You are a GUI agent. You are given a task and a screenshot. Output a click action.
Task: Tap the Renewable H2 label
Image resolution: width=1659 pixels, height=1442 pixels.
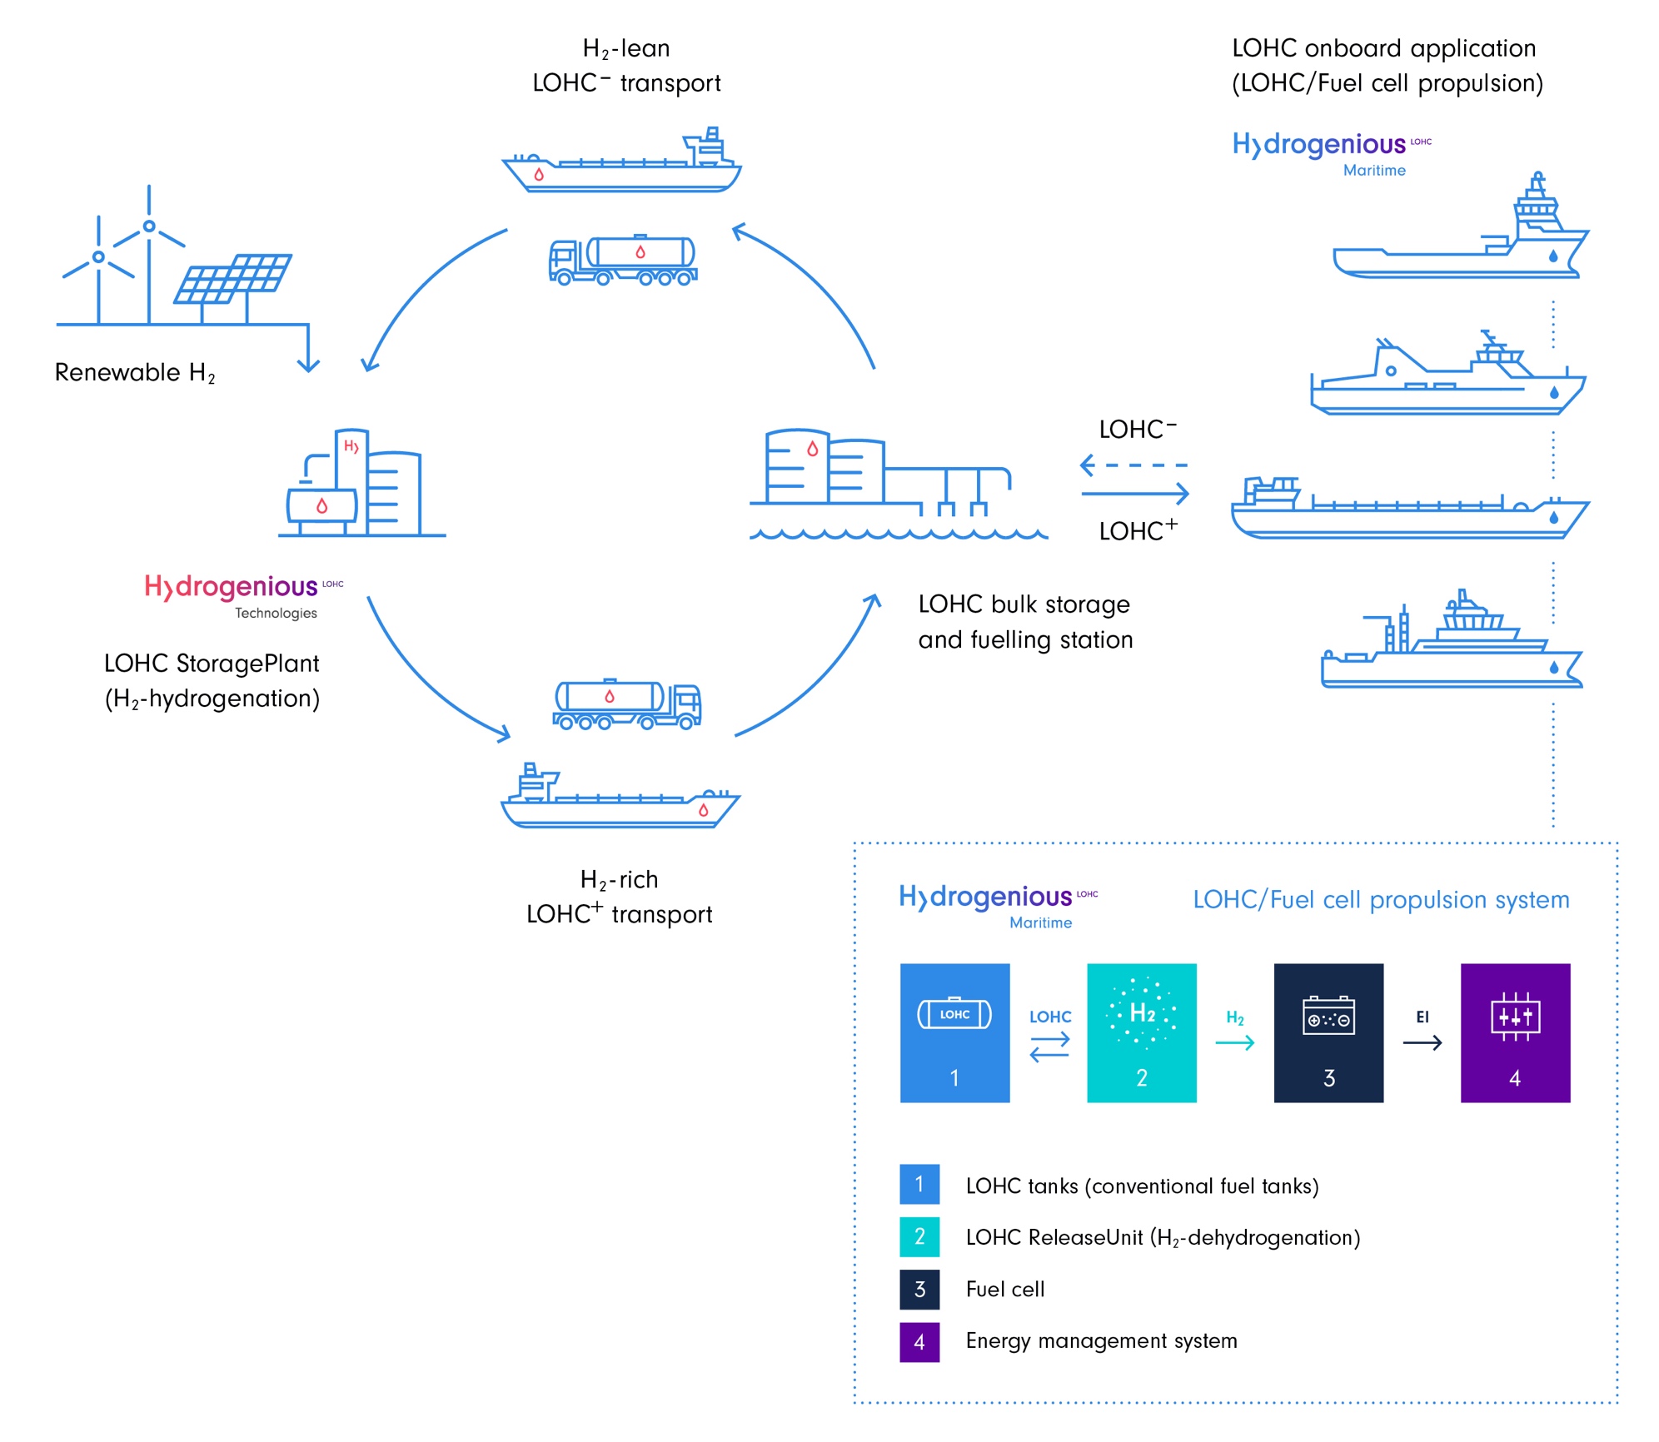tap(135, 372)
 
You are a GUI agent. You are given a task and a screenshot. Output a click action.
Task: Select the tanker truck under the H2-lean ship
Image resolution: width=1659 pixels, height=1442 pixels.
tap(623, 260)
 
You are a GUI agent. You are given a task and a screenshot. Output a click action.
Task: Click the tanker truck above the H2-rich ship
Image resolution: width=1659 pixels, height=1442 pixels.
tap(627, 704)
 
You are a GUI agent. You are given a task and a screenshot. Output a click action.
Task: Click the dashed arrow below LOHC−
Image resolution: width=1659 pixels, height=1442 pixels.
tap(1133, 465)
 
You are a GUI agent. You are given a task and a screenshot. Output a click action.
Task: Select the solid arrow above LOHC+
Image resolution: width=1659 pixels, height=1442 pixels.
tap(1134, 494)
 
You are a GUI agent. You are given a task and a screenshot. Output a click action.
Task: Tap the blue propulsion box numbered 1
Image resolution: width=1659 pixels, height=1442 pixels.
tap(954, 1032)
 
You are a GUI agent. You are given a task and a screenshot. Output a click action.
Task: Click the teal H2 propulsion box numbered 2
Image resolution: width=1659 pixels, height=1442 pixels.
tap(1141, 1032)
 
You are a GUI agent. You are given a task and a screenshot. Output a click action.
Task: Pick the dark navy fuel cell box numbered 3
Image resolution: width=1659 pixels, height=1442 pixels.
tap(1328, 1032)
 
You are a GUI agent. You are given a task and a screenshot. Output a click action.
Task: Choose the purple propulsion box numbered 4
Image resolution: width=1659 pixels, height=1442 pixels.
tap(1514, 1032)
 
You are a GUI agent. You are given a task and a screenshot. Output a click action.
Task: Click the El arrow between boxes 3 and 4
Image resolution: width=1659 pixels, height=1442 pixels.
tap(1422, 1042)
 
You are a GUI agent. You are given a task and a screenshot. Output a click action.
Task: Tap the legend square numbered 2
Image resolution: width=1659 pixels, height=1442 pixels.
tap(919, 1236)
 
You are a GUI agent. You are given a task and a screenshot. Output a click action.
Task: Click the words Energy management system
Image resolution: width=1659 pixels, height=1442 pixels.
tap(1101, 1340)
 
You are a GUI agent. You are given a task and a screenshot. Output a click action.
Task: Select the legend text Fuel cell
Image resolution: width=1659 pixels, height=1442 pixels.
tap(1004, 1289)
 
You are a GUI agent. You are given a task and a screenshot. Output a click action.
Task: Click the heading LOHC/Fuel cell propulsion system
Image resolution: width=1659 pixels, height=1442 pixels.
tap(1380, 899)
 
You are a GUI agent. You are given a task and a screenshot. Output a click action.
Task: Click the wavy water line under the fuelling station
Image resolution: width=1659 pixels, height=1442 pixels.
tap(897, 534)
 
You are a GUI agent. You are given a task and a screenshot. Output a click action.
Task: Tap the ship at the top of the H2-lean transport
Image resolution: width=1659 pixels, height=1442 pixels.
tap(622, 162)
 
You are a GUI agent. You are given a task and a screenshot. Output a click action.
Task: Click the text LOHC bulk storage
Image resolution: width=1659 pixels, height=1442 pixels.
tap(1023, 604)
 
